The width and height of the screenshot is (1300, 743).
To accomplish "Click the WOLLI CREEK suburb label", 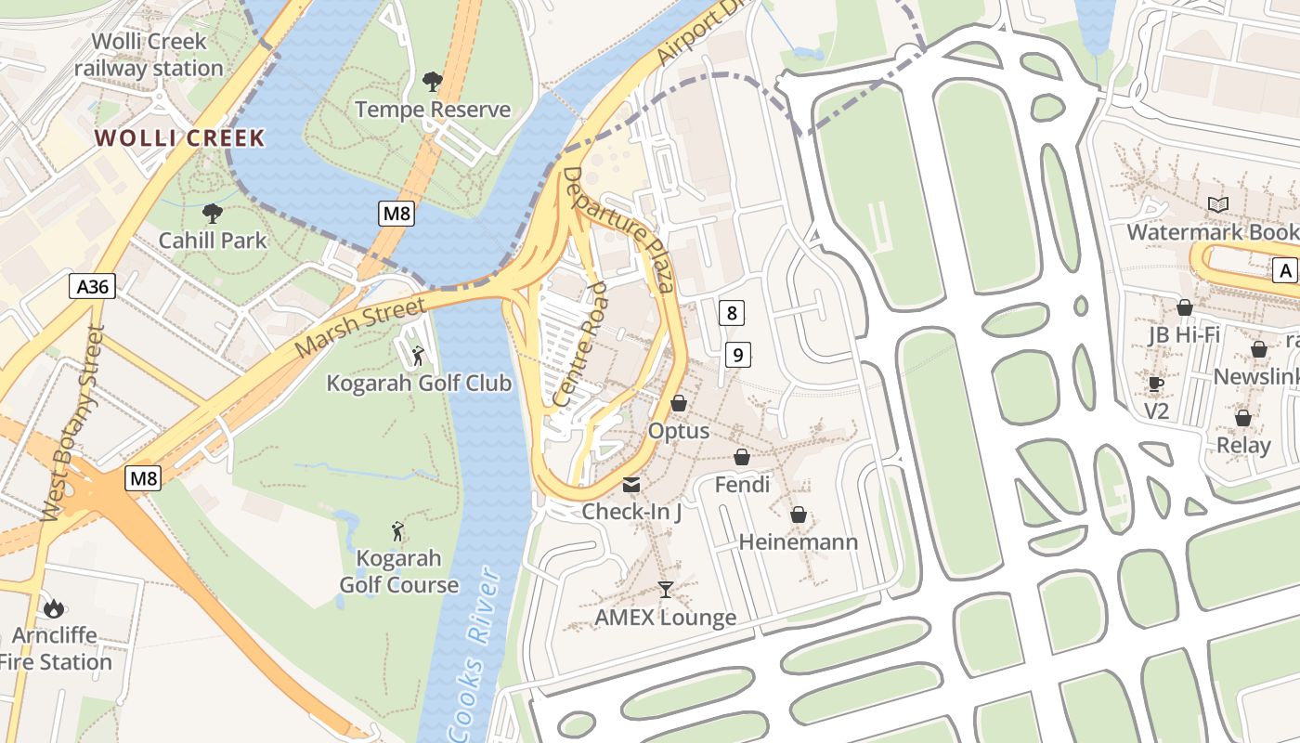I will tap(179, 138).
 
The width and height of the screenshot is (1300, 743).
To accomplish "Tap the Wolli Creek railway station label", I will tap(149, 55).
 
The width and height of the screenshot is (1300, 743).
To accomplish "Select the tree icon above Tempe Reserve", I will tap(432, 82).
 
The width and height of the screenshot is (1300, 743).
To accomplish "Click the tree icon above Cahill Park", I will tap(212, 214).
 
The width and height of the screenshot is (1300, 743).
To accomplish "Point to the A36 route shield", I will tap(93, 287).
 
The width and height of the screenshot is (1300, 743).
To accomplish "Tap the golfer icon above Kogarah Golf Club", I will tap(418, 355).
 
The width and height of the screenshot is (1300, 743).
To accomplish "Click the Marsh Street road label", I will tap(360, 327).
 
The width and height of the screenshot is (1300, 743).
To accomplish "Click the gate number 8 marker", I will tap(732, 313).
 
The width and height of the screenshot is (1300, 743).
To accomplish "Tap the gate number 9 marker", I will tap(737, 354).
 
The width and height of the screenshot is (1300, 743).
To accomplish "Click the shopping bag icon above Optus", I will tap(679, 403).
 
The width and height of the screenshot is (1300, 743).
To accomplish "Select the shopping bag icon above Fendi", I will tap(742, 457).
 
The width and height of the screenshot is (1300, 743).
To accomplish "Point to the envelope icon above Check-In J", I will tap(631, 484).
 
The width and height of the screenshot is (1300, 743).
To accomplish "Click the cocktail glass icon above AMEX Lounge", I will tap(665, 589).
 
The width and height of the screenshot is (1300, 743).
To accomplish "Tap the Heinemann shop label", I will tap(798, 541).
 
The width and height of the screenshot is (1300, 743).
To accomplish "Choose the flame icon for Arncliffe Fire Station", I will tap(54, 609).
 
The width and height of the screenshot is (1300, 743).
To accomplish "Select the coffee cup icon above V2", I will tap(1156, 384).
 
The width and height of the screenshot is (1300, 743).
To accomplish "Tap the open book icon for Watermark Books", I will tap(1217, 204).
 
